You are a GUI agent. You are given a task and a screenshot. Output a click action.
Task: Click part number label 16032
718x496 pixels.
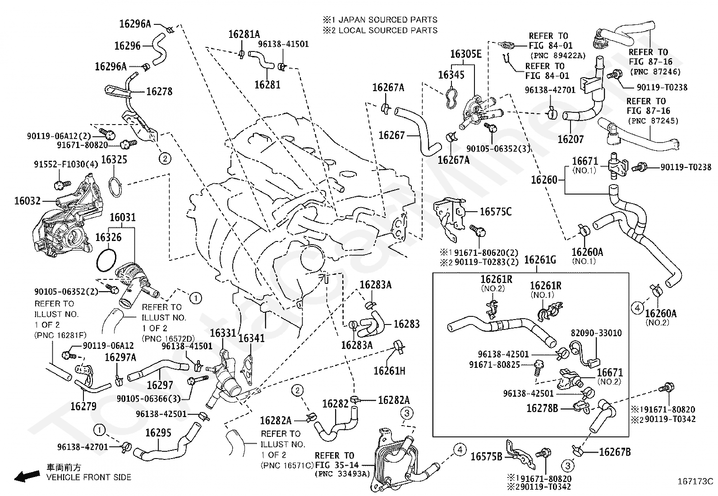pyautogui.click(x=28, y=200)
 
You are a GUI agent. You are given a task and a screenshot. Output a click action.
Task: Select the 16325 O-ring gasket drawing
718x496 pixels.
pyautogui.click(x=116, y=186)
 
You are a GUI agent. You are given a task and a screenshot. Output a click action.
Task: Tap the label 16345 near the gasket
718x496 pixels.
pyautogui.click(x=451, y=74)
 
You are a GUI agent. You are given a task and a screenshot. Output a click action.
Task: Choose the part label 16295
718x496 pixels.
pyautogui.click(x=158, y=433)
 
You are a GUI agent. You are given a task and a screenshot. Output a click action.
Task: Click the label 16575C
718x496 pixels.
pyautogui.click(x=496, y=212)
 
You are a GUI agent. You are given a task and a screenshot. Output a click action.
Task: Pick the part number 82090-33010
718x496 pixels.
pyautogui.click(x=596, y=333)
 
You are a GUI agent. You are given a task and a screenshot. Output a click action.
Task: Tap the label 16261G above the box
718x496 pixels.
pyautogui.click(x=540, y=260)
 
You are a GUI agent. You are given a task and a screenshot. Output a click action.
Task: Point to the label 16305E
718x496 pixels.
pyautogui.click(x=466, y=55)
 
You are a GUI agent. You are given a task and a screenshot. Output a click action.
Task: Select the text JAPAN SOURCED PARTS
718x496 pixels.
pyautogui.click(x=387, y=20)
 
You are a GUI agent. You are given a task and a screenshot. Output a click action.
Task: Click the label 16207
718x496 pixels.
pyautogui.click(x=571, y=139)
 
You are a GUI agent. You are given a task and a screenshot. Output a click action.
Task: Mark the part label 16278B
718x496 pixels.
pyautogui.click(x=542, y=408)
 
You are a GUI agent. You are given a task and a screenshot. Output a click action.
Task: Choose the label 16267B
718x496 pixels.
pyautogui.click(x=615, y=452)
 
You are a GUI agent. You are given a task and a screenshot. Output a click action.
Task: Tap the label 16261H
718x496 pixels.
pyautogui.click(x=389, y=371)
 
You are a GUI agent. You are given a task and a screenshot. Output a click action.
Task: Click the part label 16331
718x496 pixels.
pyautogui.click(x=223, y=333)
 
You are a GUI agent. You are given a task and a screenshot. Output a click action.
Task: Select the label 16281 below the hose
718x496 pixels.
pyautogui.click(x=267, y=84)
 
